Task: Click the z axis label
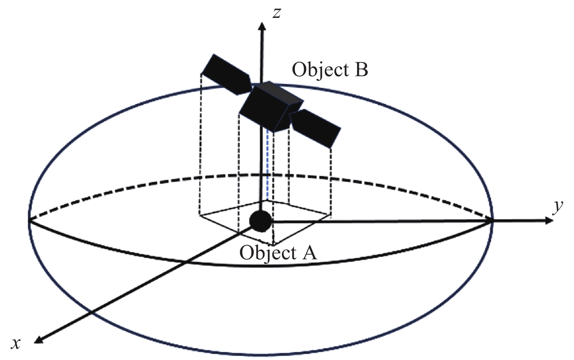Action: click(276, 13)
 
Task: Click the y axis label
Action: click(558, 206)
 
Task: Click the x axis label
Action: click(16, 343)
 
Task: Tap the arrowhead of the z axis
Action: click(262, 27)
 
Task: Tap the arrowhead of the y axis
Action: click(549, 221)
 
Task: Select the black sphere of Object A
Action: click(260, 221)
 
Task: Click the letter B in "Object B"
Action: click(361, 70)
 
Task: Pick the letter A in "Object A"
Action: click(309, 253)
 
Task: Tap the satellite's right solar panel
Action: click(316, 128)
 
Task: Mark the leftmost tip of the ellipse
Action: click(29, 221)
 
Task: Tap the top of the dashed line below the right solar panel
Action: click(331, 149)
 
